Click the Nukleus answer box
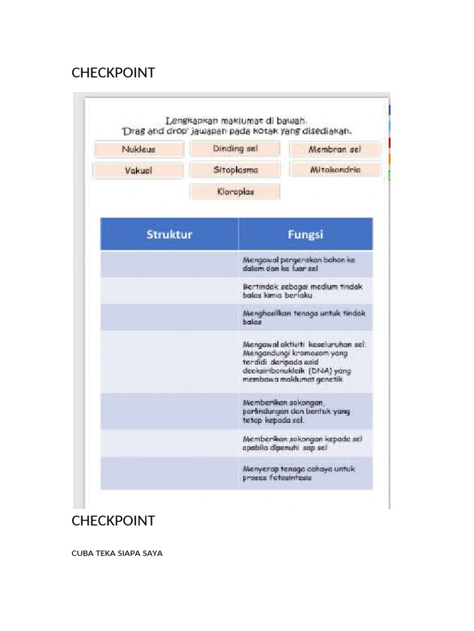(139, 149)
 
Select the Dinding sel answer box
(235, 149)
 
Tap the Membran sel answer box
(335, 149)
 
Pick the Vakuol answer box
(138, 170)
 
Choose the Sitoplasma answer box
(235, 169)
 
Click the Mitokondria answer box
(335, 169)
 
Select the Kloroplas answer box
(235, 192)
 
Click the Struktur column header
(169, 234)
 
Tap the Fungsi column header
(306, 234)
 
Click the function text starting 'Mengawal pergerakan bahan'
(299, 264)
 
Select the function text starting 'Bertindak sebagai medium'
(302, 291)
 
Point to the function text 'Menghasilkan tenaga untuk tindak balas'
(304, 317)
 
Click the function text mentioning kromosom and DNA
(304, 362)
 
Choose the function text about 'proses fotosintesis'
(299, 473)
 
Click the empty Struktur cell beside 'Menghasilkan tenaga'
(169, 317)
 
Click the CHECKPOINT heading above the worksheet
(113, 73)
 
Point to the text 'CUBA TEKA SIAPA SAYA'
(117, 553)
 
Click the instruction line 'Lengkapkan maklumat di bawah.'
(236, 121)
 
